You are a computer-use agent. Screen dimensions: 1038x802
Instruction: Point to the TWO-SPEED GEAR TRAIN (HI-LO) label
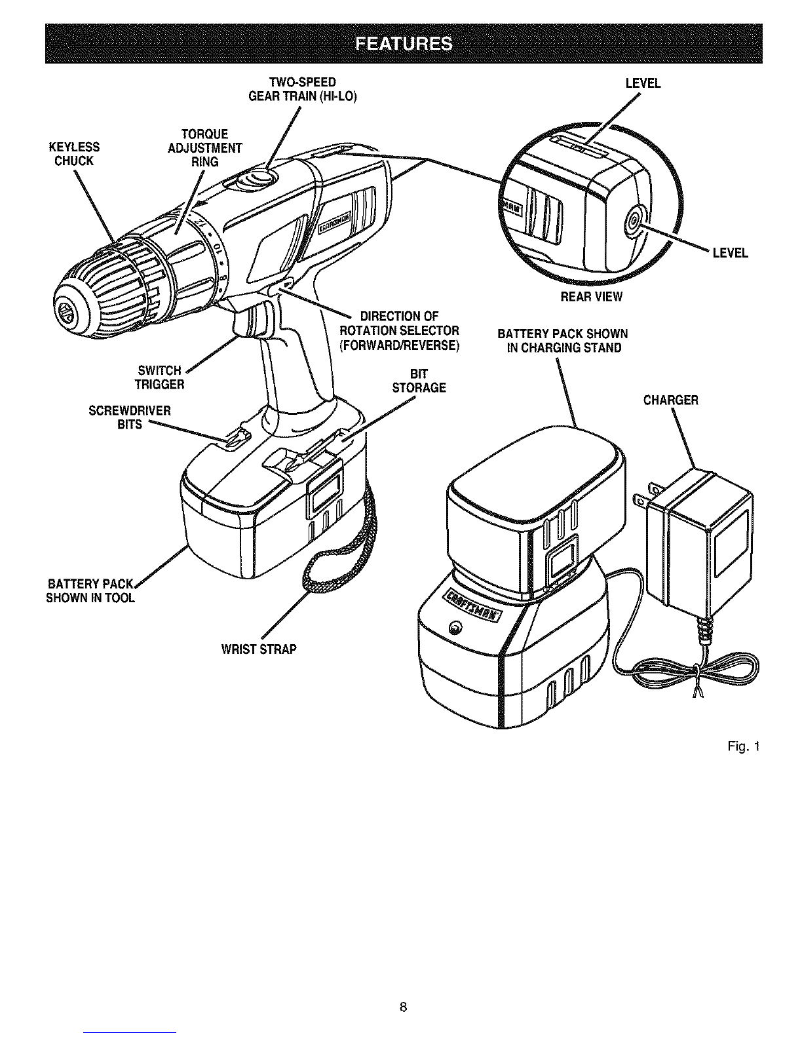303,89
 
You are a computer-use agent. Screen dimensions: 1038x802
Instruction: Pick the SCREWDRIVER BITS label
129,417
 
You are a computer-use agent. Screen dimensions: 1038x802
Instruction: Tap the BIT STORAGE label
419,381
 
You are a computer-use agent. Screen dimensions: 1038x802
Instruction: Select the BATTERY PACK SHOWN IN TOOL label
90,591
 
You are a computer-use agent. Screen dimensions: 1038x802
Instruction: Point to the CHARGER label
670,400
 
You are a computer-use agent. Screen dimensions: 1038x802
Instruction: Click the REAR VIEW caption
591,296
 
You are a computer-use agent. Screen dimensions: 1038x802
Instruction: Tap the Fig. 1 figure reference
743,746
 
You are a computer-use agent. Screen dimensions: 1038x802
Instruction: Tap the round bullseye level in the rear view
633,220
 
